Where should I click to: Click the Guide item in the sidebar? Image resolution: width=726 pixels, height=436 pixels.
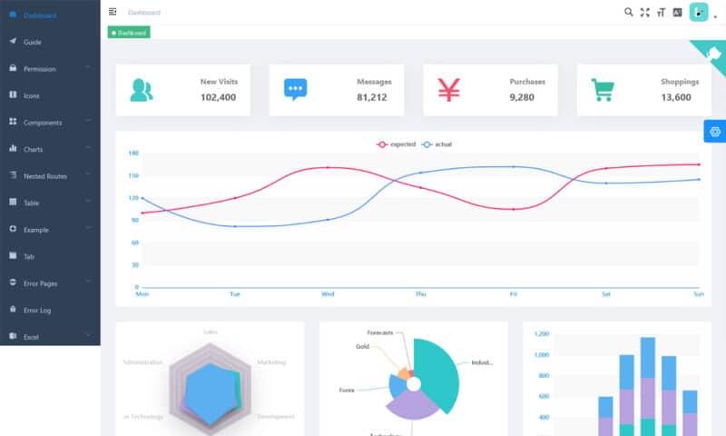[32, 42]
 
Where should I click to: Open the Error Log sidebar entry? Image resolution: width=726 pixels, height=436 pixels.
[37, 310]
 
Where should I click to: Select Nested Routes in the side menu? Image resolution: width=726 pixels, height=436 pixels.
[44, 175]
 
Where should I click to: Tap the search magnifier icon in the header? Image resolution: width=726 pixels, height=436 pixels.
[629, 12]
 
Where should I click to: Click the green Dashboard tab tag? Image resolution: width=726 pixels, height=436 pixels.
[129, 33]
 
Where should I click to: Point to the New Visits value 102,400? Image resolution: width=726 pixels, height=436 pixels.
[218, 97]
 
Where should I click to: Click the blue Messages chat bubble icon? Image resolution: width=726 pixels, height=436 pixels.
[295, 89]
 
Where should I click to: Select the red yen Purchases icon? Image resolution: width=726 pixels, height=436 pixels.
[449, 89]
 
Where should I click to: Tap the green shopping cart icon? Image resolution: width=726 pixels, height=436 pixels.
[602, 89]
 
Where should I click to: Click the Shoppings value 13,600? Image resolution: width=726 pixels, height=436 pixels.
[675, 97]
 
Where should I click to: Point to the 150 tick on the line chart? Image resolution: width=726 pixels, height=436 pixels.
[133, 175]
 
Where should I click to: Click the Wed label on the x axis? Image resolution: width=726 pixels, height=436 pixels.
[328, 294]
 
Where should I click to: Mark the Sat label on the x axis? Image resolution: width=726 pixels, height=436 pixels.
[605, 294]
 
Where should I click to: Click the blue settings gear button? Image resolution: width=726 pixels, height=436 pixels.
[714, 132]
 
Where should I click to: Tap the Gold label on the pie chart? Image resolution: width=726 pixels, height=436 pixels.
[362, 347]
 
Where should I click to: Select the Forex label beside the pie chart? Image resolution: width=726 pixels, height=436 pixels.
[347, 390]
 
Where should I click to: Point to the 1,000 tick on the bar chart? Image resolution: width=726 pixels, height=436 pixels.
[542, 354]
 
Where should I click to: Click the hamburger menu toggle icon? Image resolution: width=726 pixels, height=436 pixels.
[113, 12]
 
